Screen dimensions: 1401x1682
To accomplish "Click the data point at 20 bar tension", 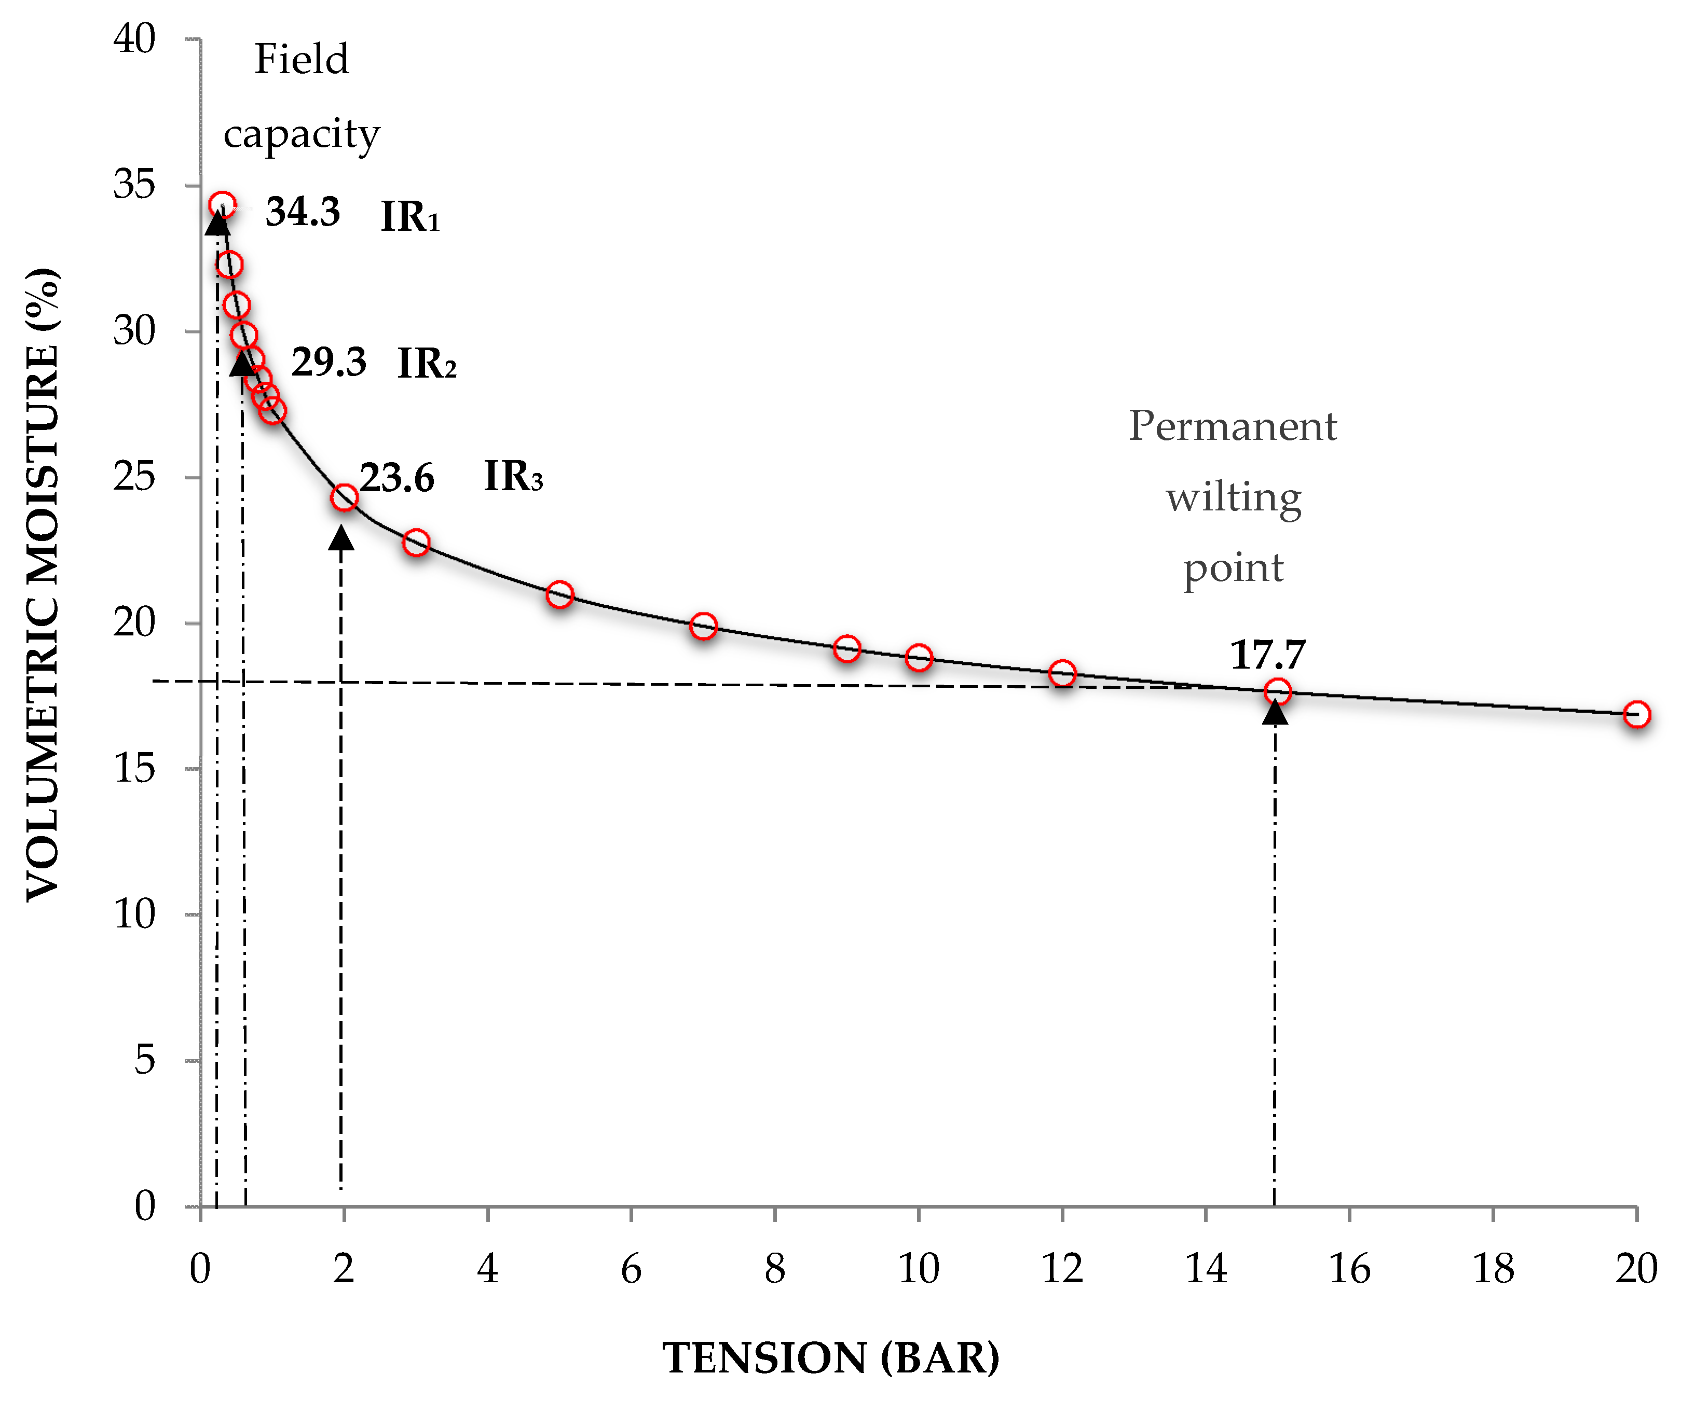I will point(1636,714).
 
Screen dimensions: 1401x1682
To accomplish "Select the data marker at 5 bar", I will point(559,594).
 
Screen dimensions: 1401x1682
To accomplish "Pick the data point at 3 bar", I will point(416,543).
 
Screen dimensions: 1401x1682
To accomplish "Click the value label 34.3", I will point(303,212).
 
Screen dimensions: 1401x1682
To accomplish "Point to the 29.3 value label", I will point(329,362).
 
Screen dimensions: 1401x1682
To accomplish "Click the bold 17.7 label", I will point(1268,655).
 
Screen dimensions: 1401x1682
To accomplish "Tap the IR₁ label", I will point(409,217).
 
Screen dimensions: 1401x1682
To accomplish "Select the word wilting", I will point(1234,498).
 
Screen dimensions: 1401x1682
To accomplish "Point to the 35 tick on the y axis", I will point(134,185).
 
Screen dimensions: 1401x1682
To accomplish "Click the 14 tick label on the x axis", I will point(1206,1269).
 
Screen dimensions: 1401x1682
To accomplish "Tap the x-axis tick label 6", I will point(631,1269).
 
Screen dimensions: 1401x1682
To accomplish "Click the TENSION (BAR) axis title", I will point(830,1358).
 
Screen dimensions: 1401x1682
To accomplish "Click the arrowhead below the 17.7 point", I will point(1274,712).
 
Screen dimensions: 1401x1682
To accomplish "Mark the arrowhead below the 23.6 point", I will point(341,538).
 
